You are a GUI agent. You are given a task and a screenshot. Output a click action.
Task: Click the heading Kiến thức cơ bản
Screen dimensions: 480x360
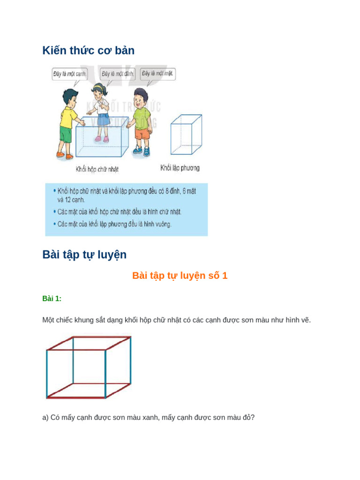click(x=88, y=51)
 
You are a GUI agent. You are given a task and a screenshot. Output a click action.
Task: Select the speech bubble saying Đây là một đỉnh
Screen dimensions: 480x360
click(x=118, y=74)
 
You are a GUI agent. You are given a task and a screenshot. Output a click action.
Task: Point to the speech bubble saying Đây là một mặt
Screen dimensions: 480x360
click(x=157, y=74)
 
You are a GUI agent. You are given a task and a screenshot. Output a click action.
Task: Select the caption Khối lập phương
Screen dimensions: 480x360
click(x=180, y=167)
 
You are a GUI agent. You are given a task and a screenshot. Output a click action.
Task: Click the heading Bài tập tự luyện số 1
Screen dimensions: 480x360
click(x=180, y=276)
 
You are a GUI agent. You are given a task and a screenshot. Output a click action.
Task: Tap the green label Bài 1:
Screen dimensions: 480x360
click(x=52, y=299)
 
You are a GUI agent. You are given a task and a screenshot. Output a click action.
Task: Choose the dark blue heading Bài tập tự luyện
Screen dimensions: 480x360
click(x=84, y=255)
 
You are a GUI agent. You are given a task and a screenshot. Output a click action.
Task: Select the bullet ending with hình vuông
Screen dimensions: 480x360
click(x=115, y=224)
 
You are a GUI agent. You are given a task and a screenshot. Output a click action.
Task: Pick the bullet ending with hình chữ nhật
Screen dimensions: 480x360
click(x=120, y=212)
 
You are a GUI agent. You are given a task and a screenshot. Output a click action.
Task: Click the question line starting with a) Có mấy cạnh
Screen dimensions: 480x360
click(x=148, y=417)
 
